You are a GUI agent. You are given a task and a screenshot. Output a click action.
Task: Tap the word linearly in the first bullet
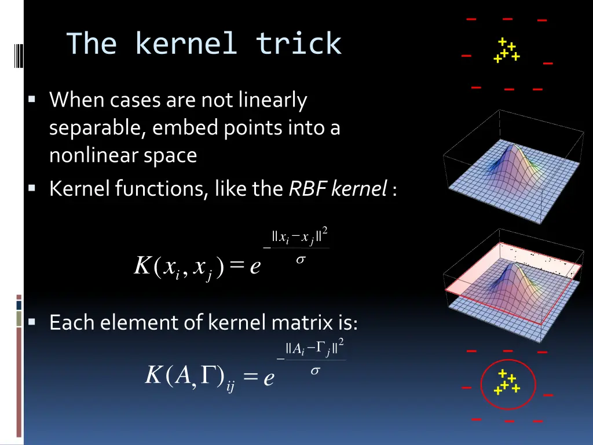pos(270,101)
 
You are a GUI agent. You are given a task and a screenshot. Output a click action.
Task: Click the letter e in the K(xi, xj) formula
pos(255,268)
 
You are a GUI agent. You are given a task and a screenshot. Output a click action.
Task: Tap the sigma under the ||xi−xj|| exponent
pos(300,260)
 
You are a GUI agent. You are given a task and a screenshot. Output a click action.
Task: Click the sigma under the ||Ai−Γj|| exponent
pos(315,371)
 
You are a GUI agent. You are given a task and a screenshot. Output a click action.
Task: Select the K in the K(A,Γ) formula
pos(152,376)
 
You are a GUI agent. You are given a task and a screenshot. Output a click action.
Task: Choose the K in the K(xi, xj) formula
pos(142,267)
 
